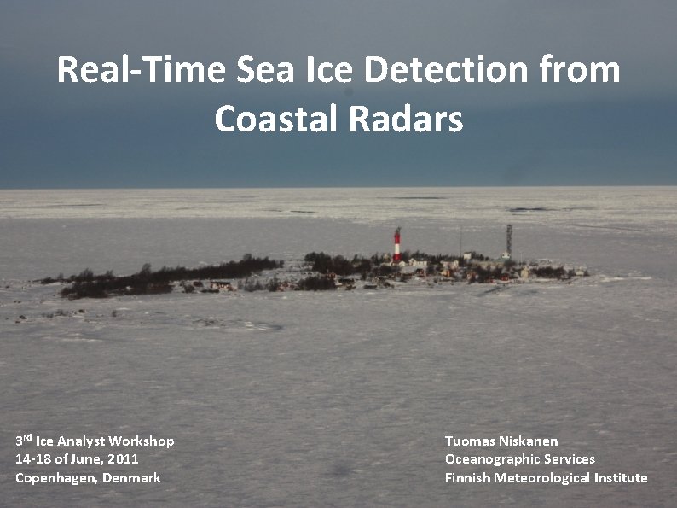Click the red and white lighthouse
pyautogui.click(x=396, y=245)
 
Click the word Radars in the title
pyautogui.click(x=406, y=119)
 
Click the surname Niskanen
pyautogui.click(x=529, y=441)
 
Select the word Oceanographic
pyautogui.click(x=492, y=459)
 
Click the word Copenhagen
pyautogui.click(x=55, y=478)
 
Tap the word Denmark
pyautogui.click(x=131, y=478)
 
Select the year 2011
pyautogui.click(x=124, y=459)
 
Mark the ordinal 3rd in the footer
pyautogui.click(x=24, y=441)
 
